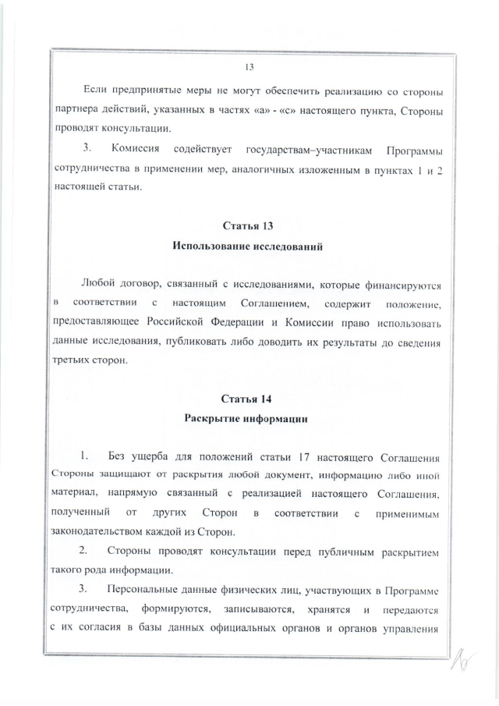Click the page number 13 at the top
click(249, 66)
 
